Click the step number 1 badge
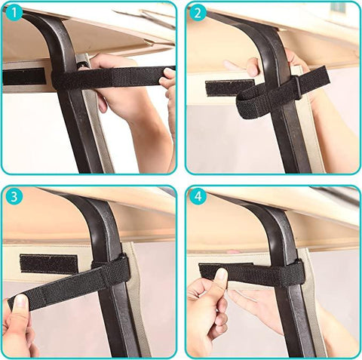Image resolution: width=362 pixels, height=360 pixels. (14, 14)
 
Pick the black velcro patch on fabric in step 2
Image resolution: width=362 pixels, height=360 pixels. (229, 87)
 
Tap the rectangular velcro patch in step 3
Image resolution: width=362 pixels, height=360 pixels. (48, 263)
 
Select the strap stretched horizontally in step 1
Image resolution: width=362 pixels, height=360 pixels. (113, 75)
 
